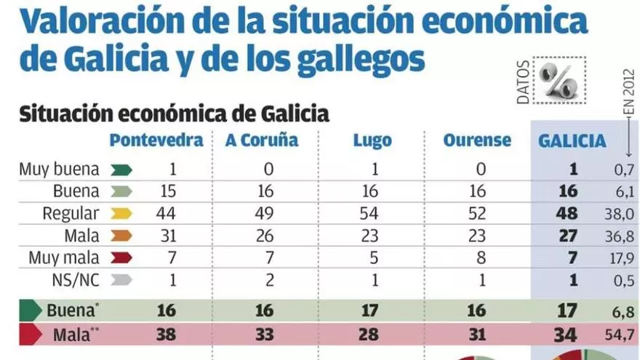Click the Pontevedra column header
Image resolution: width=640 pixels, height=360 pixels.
tap(156, 140)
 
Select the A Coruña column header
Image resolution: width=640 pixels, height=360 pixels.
tap(262, 140)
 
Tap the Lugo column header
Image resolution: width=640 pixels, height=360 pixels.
tap(372, 140)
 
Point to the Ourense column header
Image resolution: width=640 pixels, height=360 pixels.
tap(477, 140)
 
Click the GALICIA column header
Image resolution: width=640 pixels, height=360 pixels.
tap(572, 140)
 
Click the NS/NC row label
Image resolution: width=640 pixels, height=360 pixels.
tap(77, 279)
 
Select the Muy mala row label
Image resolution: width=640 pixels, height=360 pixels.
tap(63, 257)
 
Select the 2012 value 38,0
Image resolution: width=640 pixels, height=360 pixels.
tap(618, 213)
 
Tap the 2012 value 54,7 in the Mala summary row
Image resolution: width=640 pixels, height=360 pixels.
tap(618, 335)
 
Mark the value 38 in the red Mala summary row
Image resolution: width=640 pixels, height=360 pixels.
tap(166, 335)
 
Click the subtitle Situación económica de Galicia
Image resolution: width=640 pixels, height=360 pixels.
tap(174, 113)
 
